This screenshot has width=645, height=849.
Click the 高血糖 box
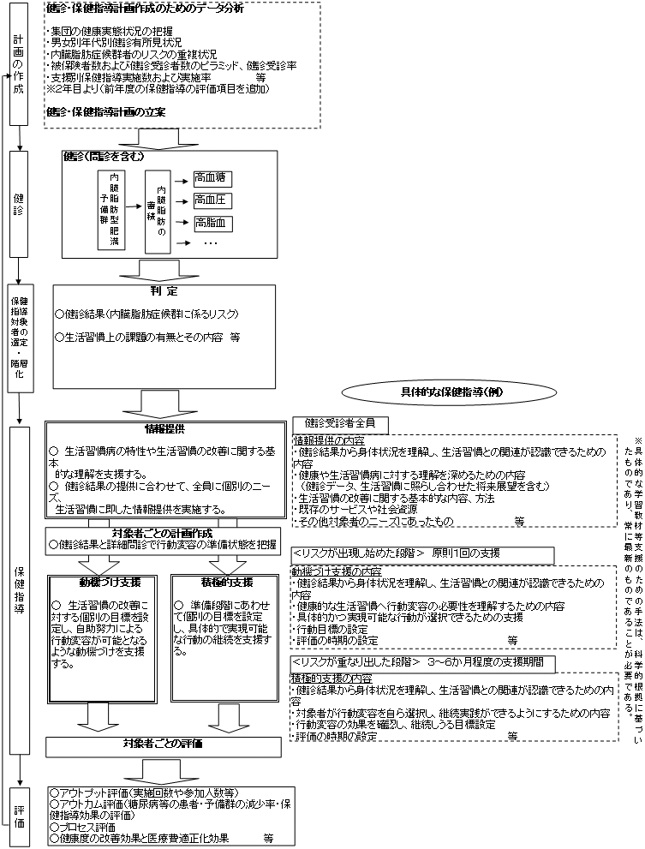click(x=212, y=179)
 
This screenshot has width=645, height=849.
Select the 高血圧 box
click(x=212, y=201)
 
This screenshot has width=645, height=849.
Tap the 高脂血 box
click(x=212, y=223)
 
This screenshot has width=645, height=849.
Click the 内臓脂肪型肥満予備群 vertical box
click(x=111, y=210)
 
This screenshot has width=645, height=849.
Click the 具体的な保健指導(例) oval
click(x=433, y=392)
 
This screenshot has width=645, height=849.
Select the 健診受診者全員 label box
click(x=340, y=424)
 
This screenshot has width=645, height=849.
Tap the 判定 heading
click(x=163, y=291)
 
